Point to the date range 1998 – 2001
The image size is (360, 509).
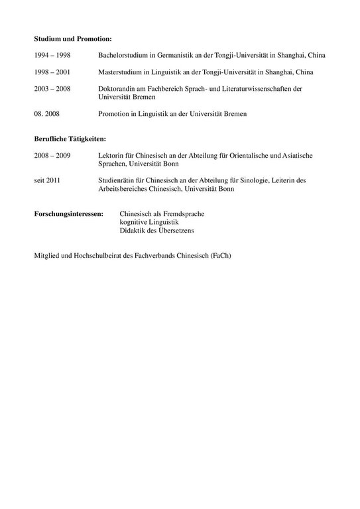(52, 72)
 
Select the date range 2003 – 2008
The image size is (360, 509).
(52, 88)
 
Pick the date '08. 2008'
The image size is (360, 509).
(47, 113)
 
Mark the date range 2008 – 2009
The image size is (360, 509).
(52, 155)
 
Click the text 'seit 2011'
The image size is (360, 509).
(47, 180)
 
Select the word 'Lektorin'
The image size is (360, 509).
(110, 155)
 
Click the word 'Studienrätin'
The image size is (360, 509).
(117, 180)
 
